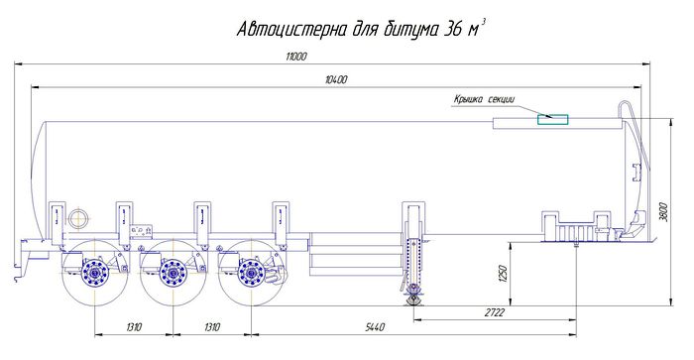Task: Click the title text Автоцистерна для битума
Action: coord(338,30)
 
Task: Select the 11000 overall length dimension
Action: coord(296,57)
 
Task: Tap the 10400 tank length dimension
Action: coord(336,79)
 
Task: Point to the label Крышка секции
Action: coord(484,99)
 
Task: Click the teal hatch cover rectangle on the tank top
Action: coord(553,119)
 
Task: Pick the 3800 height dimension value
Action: coord(662,212)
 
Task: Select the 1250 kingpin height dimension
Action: coord(502,274)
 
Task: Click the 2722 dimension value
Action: coord(495,312)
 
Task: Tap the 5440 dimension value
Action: coord(375,327)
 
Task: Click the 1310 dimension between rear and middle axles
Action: coord(134,327)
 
